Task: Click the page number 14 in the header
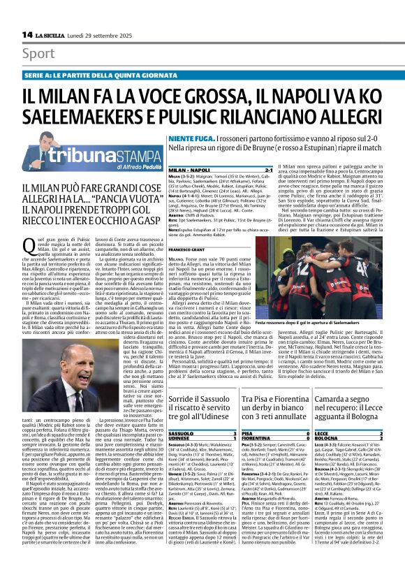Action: [x=27, y=34]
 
